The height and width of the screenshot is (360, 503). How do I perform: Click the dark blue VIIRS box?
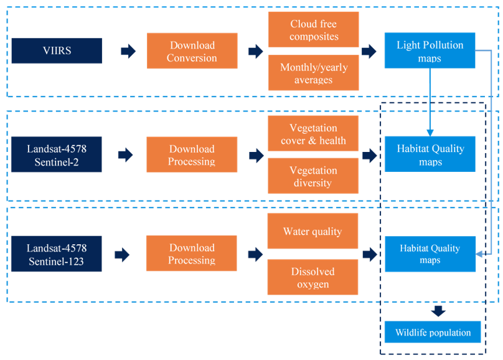[57, 50]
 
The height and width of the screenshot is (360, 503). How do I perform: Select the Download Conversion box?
[192, 50]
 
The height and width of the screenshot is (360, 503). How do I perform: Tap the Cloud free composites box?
[313, 29]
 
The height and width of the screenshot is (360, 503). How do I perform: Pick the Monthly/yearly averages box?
[313, 72]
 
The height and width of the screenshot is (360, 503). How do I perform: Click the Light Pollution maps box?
[430, 50]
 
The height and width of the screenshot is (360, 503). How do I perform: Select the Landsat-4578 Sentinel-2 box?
[57, 154]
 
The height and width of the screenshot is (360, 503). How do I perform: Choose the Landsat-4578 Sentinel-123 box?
[57, 253]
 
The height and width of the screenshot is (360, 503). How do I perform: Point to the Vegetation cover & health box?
[313, 133]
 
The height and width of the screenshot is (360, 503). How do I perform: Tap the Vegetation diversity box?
[313, 176]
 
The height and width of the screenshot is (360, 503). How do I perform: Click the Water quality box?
[313, 231]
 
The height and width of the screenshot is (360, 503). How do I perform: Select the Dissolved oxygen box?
[313, 277]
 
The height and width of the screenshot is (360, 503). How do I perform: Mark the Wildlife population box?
[433, 332]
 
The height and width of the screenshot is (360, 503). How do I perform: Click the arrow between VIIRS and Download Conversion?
[128, 51]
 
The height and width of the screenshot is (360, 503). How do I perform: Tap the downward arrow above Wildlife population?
[438, 311]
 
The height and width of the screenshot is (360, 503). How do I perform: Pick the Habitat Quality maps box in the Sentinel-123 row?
[430, 254]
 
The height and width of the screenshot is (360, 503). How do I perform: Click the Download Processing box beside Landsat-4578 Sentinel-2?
[192, 154]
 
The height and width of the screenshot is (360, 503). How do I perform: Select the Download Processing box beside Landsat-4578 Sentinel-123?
[192, 253]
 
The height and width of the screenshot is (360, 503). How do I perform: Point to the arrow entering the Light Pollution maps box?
[369, 51]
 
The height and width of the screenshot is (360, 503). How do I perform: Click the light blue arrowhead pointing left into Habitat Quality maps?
[479, 254]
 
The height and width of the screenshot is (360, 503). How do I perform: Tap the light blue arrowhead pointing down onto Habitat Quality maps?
[430, 133]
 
